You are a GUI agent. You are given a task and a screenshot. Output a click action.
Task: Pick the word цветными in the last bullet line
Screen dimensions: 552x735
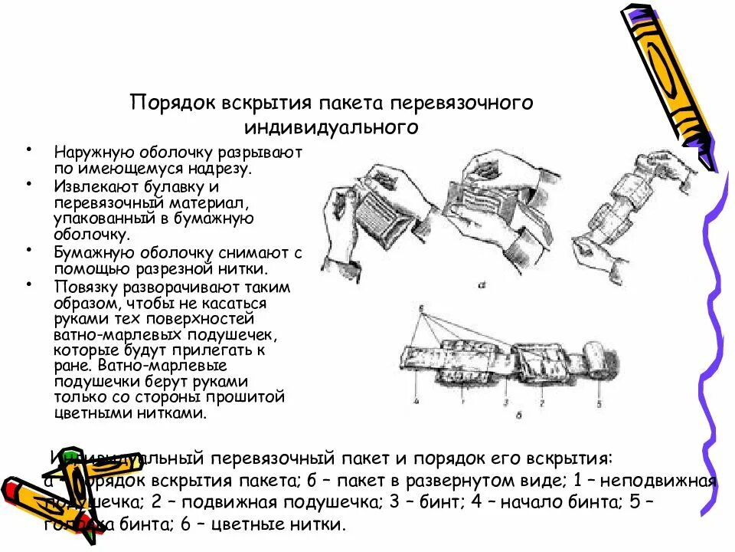[x=85, y=412]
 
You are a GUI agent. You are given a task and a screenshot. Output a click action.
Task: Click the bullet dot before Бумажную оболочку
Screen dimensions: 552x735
[x=28, y=250]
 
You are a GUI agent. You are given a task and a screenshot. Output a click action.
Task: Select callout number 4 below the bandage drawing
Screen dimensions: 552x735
[x=414, y=399]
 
